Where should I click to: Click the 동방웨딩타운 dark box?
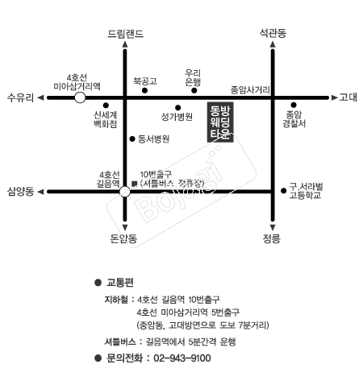(220, 122)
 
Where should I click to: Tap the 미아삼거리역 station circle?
(80, 97)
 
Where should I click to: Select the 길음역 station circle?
(124, 192)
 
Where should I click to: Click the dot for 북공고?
(144, 90)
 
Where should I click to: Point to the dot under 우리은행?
(194, 90)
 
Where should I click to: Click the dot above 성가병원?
(177, 108)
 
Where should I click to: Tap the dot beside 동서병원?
(132, 139)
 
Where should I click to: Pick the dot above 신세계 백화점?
(106, 106)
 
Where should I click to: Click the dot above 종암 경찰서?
(294, 105)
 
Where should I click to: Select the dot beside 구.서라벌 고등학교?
(283, 191)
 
